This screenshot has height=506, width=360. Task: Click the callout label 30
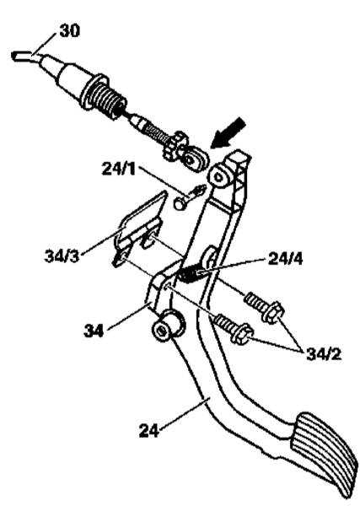tap(69, 31)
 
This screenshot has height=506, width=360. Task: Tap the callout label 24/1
tap(119, 169)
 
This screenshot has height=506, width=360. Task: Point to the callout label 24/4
tap(285, 259)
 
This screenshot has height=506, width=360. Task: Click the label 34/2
tap(323, 354)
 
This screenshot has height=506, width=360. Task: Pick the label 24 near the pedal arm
tap(149, 430)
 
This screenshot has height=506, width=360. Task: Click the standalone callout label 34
tap(94, 331)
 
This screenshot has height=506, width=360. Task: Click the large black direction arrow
tap(228, 133)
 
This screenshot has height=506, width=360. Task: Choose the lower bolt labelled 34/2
tap(234, 329)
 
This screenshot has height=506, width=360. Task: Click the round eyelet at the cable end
tap(194, 159)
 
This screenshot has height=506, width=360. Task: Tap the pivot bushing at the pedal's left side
tap(168, 326)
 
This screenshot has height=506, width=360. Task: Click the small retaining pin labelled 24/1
tap(190, 196)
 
